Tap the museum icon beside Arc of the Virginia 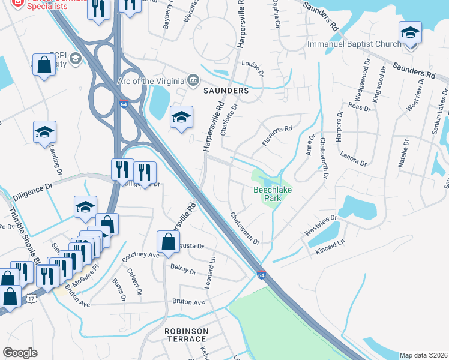(x=193, y=80)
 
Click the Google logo (x=19, y=353)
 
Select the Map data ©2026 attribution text (x=423, y=355)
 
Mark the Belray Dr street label (x=184, y=269)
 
